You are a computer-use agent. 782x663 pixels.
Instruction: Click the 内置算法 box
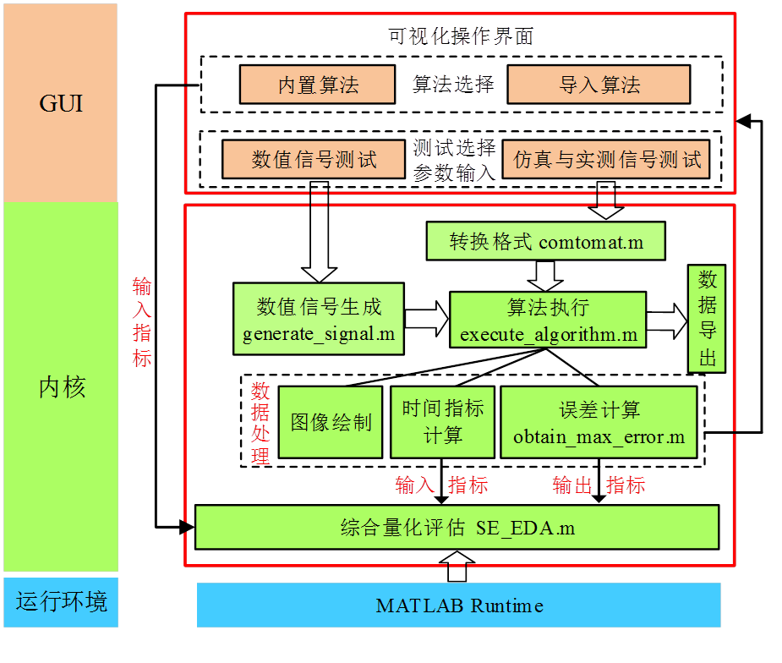click(318, 85)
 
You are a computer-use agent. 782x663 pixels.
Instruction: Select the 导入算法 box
click(599, 85)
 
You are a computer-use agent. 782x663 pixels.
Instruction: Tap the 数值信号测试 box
click(314, 159)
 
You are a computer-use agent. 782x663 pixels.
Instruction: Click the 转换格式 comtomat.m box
click(546, 242)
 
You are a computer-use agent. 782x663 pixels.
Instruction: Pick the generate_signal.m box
click(319, 319)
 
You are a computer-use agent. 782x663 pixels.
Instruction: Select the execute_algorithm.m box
click(548, 319)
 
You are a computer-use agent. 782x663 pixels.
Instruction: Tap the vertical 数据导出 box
click(707, 319)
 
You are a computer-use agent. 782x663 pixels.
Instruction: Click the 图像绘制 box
click(331, 422)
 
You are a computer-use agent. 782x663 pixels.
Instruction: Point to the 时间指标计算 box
click(442, 422)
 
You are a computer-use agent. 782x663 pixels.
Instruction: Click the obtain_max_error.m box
click(599, 422)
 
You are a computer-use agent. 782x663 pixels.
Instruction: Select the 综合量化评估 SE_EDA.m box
click(457, 528)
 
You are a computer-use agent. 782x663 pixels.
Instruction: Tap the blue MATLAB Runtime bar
click(459, 605)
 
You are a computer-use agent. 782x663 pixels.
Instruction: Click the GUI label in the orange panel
click(61, 105)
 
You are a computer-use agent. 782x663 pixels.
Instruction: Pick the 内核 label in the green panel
click(61, 387)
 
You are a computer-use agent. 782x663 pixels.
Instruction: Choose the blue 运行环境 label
click(61, 603)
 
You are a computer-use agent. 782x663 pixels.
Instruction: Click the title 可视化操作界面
click(461, 36)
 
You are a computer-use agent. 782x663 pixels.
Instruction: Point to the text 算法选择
click(453, 85)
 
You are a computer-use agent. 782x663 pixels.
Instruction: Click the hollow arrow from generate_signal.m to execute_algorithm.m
click(426, 319)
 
